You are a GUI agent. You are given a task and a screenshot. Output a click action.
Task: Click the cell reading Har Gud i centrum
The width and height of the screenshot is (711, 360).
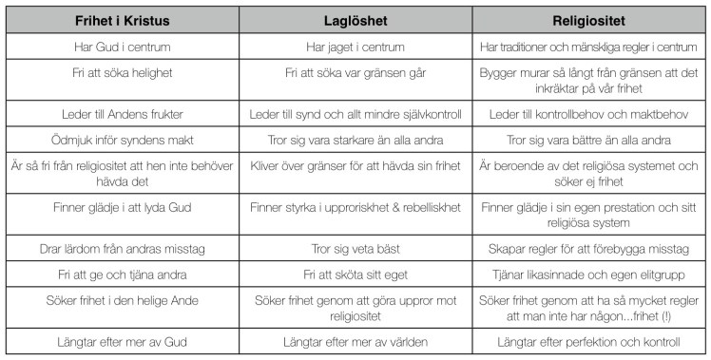[121, 46]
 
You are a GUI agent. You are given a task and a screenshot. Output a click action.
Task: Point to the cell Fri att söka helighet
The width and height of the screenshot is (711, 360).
[121, 71]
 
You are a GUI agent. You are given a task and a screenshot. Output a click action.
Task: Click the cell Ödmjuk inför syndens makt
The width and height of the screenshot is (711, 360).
[121, 138]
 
